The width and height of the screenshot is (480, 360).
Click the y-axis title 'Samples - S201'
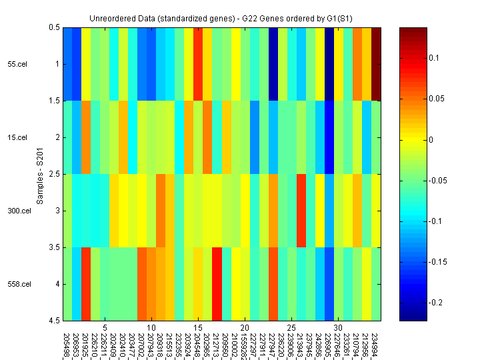tap(40, 175)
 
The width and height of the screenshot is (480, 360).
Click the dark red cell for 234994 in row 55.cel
tap(376, 64)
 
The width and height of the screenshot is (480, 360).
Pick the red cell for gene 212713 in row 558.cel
tap(217, 284)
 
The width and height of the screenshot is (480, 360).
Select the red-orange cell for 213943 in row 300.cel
tap(301, 211)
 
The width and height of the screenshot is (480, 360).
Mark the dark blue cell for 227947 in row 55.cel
tap(273, 64)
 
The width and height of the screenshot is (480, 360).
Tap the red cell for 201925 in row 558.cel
tap(86, 284)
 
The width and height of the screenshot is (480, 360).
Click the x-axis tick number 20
tap(245, 328)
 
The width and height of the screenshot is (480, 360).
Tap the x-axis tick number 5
tap(105, 328)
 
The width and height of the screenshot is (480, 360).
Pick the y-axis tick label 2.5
tap(54, 174)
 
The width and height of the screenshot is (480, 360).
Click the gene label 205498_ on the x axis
tap(67, 344)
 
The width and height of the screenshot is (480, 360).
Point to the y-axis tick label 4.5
tap(54, 321)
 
